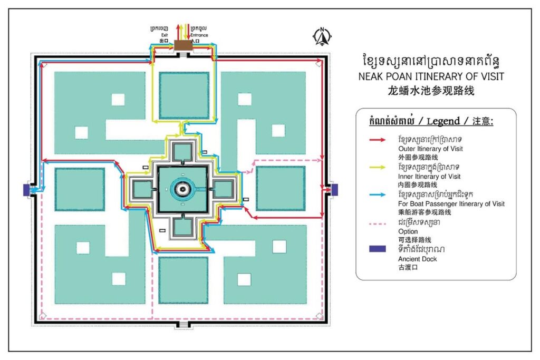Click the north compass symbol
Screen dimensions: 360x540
pos(322,36)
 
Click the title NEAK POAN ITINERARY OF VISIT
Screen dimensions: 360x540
pos(431,76)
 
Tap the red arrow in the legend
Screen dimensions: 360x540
pos(378,141)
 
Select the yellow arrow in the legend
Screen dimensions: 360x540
pos(378,169)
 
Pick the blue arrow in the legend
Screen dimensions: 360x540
pos(378,196)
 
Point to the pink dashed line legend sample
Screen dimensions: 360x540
pos(378,223)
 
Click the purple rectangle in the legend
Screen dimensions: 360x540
pos(378,249)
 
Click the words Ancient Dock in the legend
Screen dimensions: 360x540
pos(413,259)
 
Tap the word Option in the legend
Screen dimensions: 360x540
pos(408,231)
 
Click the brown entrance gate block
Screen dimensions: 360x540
pos(183,46)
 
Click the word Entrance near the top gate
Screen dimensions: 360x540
pos(199,35)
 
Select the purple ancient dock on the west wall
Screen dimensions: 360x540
pos(26,189)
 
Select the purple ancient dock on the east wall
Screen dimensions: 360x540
pos(334,189)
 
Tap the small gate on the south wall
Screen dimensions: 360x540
pos(182,324)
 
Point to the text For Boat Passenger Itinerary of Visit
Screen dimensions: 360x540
pos(451,204)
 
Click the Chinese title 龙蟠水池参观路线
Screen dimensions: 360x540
pos(431,90)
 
